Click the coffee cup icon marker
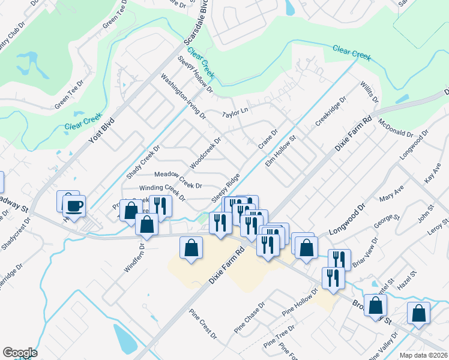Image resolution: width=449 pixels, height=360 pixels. (75, 206)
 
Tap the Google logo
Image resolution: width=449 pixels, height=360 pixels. (20, 353)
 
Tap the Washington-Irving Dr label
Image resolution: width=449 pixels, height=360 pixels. (183, 96)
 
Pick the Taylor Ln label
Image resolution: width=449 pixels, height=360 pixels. (235, 112)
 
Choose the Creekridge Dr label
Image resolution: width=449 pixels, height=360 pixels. (331, 112)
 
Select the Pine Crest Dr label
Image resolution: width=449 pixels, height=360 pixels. (202, 324)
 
